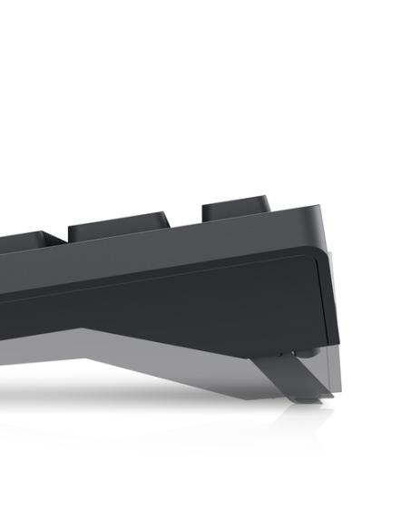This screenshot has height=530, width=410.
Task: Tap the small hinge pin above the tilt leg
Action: [299, 353]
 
